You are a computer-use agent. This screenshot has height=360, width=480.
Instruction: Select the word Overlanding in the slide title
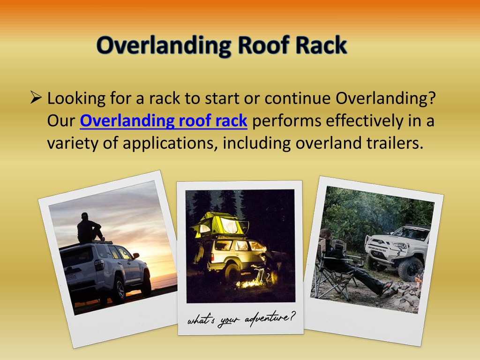point(164,46)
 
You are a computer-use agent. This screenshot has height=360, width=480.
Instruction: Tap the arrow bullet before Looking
point(36,97)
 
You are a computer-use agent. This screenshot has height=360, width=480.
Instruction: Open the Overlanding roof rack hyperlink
point(164,120)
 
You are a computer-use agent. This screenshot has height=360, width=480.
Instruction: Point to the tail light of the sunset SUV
point(99,264)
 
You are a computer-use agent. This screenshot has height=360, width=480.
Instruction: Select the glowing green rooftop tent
point(220,225)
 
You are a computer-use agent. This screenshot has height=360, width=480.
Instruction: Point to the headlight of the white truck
point(399,245)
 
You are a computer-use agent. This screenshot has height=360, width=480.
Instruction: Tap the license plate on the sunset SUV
point(71,277)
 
